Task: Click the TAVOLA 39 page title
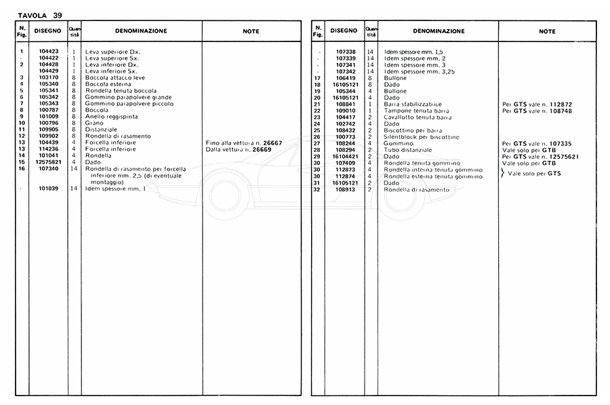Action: click(33, 15)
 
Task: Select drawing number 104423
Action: click(49, 51)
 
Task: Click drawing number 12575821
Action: click(49, 162)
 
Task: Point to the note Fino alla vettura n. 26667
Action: click(243, 143)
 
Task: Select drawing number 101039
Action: click(49, 188)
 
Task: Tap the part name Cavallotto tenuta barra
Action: click(418, 117)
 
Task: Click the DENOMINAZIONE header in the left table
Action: click(141, 31)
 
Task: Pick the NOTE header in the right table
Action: click(547, 31)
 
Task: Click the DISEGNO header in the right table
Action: click(345, 31)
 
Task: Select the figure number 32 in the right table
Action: click(317, 189)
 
